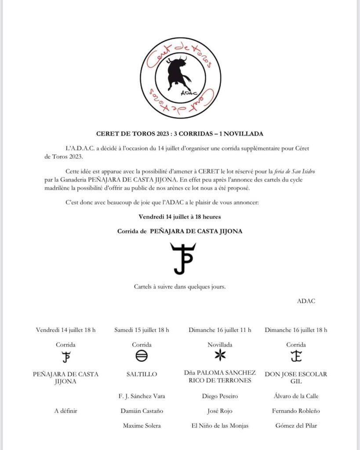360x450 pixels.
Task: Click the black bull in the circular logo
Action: coord(178,72)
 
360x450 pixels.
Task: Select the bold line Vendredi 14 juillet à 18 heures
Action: coord(179,217)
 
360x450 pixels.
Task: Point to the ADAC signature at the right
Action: coord(306,301)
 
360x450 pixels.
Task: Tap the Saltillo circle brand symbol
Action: coord(142,356)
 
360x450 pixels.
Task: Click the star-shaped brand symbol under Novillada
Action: coord(220,356)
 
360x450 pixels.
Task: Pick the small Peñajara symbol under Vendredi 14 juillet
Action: coord(66,356)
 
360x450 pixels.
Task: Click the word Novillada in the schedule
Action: coord(220,345)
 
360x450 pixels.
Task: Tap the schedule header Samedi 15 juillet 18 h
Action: coord(142,330)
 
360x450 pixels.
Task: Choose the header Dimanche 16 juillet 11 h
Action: coord(220,330)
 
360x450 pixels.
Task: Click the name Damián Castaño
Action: coord(142,411)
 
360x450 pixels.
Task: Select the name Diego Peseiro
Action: coord(220,396)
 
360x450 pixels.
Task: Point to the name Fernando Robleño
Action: coord(296,411)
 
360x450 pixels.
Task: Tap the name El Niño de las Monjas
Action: coord(220,425)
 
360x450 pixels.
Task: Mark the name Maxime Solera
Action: coord(142,425)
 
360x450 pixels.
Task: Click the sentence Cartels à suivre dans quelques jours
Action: coord(180,287)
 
